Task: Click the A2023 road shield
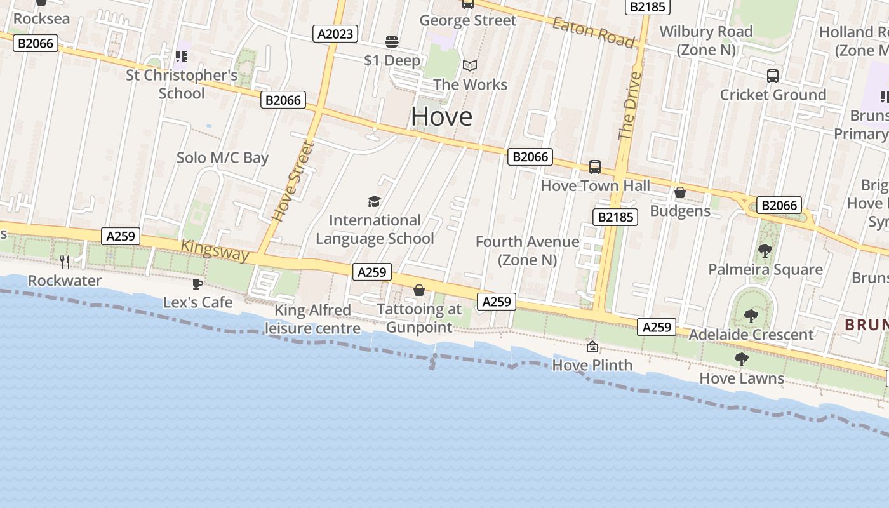pyautogui.click(x=335, y=34)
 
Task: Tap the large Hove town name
pyautogui.click(x=441, y=116)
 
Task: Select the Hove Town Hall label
pyautogui.click(x=595, y=185)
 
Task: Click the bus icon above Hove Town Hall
pyautogui.click(x=595, y=167)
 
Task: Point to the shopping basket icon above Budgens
pyautogui.click(x=680, y=192)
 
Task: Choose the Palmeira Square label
pyautogui.click(x=765, y=269)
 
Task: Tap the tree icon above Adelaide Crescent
pyautogui.click(x=751, y=316)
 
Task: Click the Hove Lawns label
pyautogui.click(x=742, y=378)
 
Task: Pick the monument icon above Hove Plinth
pyautogui.click(x=592, y=346)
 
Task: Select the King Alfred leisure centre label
pyautogui.click(x=312, y=319)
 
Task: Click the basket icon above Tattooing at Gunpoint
pyautogui.click(x=419, y=291)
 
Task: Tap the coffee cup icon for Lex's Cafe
pyautogui.click(x=197, y=284)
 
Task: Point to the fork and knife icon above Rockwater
pyautogui.click(x=65, y=262)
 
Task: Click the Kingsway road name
pyautogui.click(x=215, y=250)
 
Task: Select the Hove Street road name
pyautogui.click(x=293, y=181)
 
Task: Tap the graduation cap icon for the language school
pyautogui.click(x=375, y=202)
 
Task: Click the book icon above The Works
pyautogui.click(x=470, y=65)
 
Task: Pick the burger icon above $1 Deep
pyautogui.click(x=392, y=43)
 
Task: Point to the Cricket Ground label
pyautogui.click(x=773, y=95)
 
